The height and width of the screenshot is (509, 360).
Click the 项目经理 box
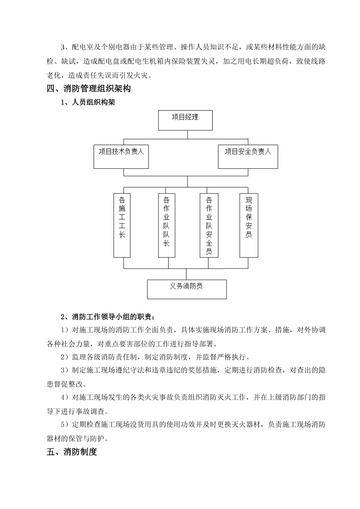click(185, 120)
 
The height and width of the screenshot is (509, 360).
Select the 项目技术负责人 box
click(121, 156)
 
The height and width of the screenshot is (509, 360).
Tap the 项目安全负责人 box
click(248, 156)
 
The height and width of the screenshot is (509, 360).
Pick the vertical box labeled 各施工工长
click(122, 225)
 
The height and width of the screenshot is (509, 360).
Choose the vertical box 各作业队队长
click(166, 225)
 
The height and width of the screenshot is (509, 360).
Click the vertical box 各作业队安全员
click(209, 225)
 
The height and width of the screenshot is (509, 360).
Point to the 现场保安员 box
click(249, 225)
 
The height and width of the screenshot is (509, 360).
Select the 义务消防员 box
click(186, 289)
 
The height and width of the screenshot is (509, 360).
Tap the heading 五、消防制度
click(72, 452)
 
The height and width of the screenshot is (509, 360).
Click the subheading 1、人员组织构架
click(88, 103)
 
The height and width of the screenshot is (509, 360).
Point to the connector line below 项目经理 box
click(187, 134)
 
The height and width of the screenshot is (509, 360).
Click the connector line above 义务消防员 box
click(186, 274)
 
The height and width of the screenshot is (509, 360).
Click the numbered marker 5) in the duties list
click(65, 425)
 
